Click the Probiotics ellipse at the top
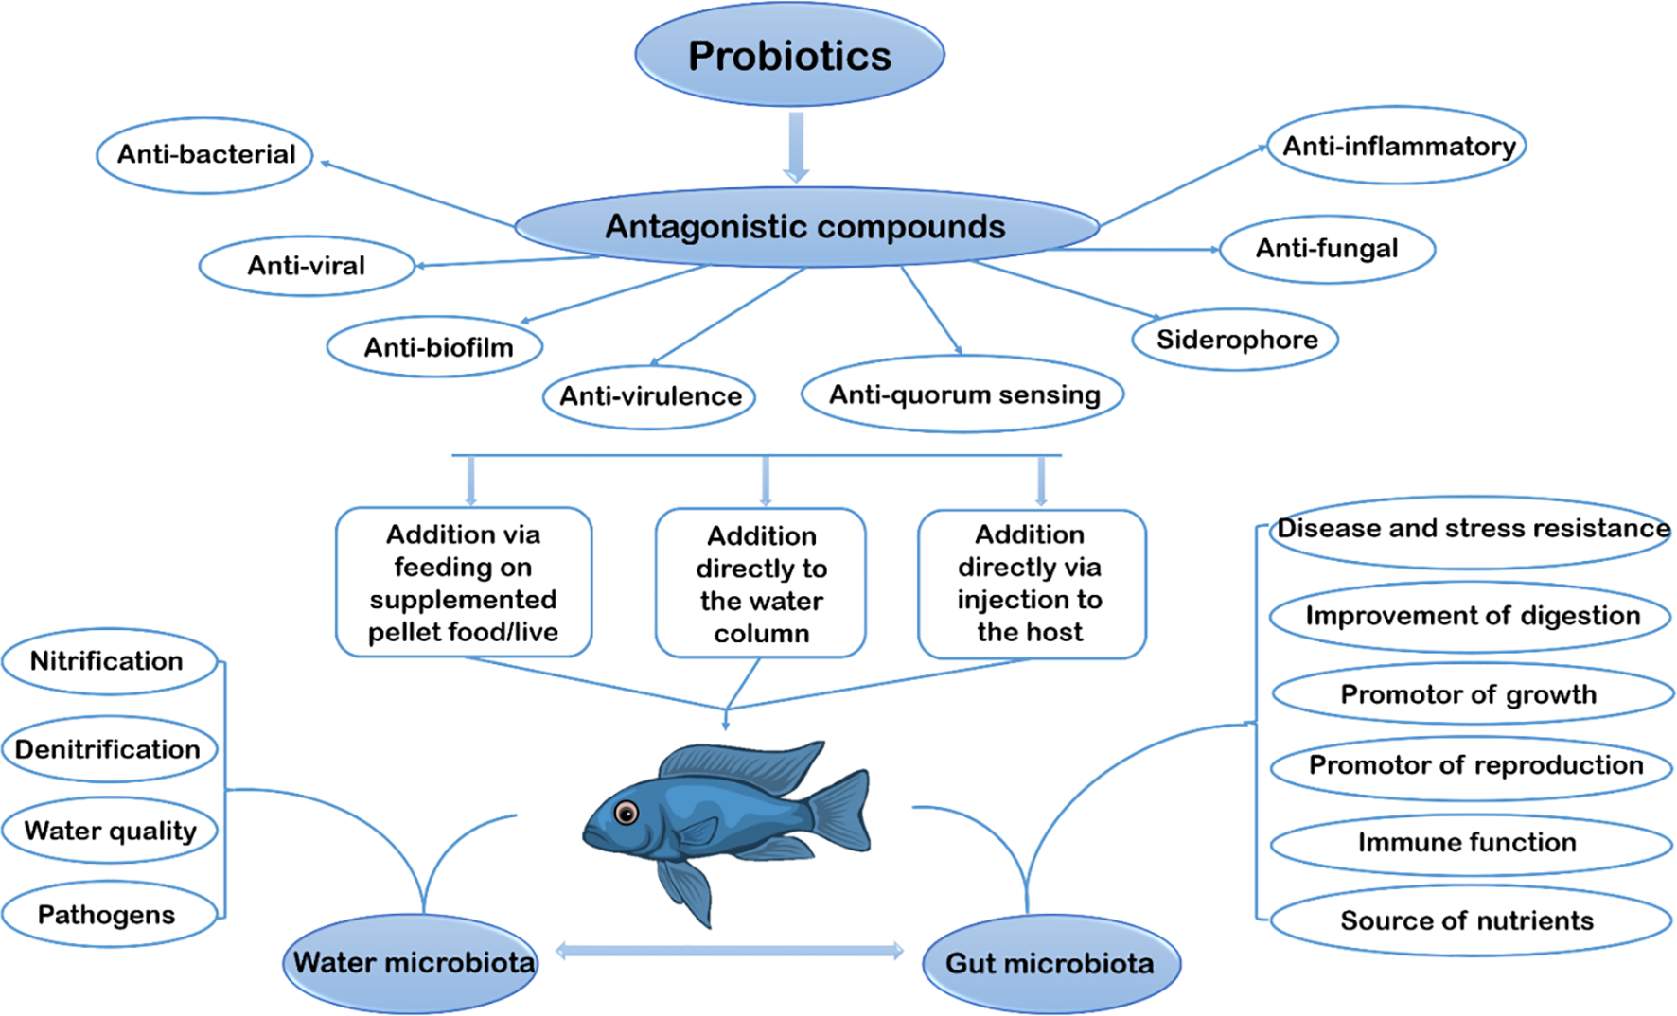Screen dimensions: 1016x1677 tap(789, 55)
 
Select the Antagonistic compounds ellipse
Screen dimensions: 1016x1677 tap(805, 227)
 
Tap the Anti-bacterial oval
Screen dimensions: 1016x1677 tap(205, 155)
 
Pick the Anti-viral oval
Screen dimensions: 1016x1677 tap(306, 266)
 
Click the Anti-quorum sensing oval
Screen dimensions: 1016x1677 tap(963, 394)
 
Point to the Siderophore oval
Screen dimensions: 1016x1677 tap(1236, 340)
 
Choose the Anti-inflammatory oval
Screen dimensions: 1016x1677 tap(1397, 147)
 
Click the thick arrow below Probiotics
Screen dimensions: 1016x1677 tap(797, 147)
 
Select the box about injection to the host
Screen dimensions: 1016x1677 tap(1031, 584)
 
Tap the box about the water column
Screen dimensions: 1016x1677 tap(761, 584)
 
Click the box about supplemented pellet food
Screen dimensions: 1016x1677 tap(463, 583)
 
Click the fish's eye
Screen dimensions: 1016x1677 tap(626, 813)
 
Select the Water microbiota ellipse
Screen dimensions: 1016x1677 tap(412, 963)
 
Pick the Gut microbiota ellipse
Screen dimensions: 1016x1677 tap(1050, 964)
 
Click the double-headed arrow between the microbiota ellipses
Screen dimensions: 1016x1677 tap(729, 951)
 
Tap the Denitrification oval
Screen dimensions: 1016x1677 tap(109, 750)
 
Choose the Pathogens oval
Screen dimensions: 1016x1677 tap(108, 915)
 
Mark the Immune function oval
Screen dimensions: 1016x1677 tap(1468, 843)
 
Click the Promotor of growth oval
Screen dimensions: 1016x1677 tap(1470, 695)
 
